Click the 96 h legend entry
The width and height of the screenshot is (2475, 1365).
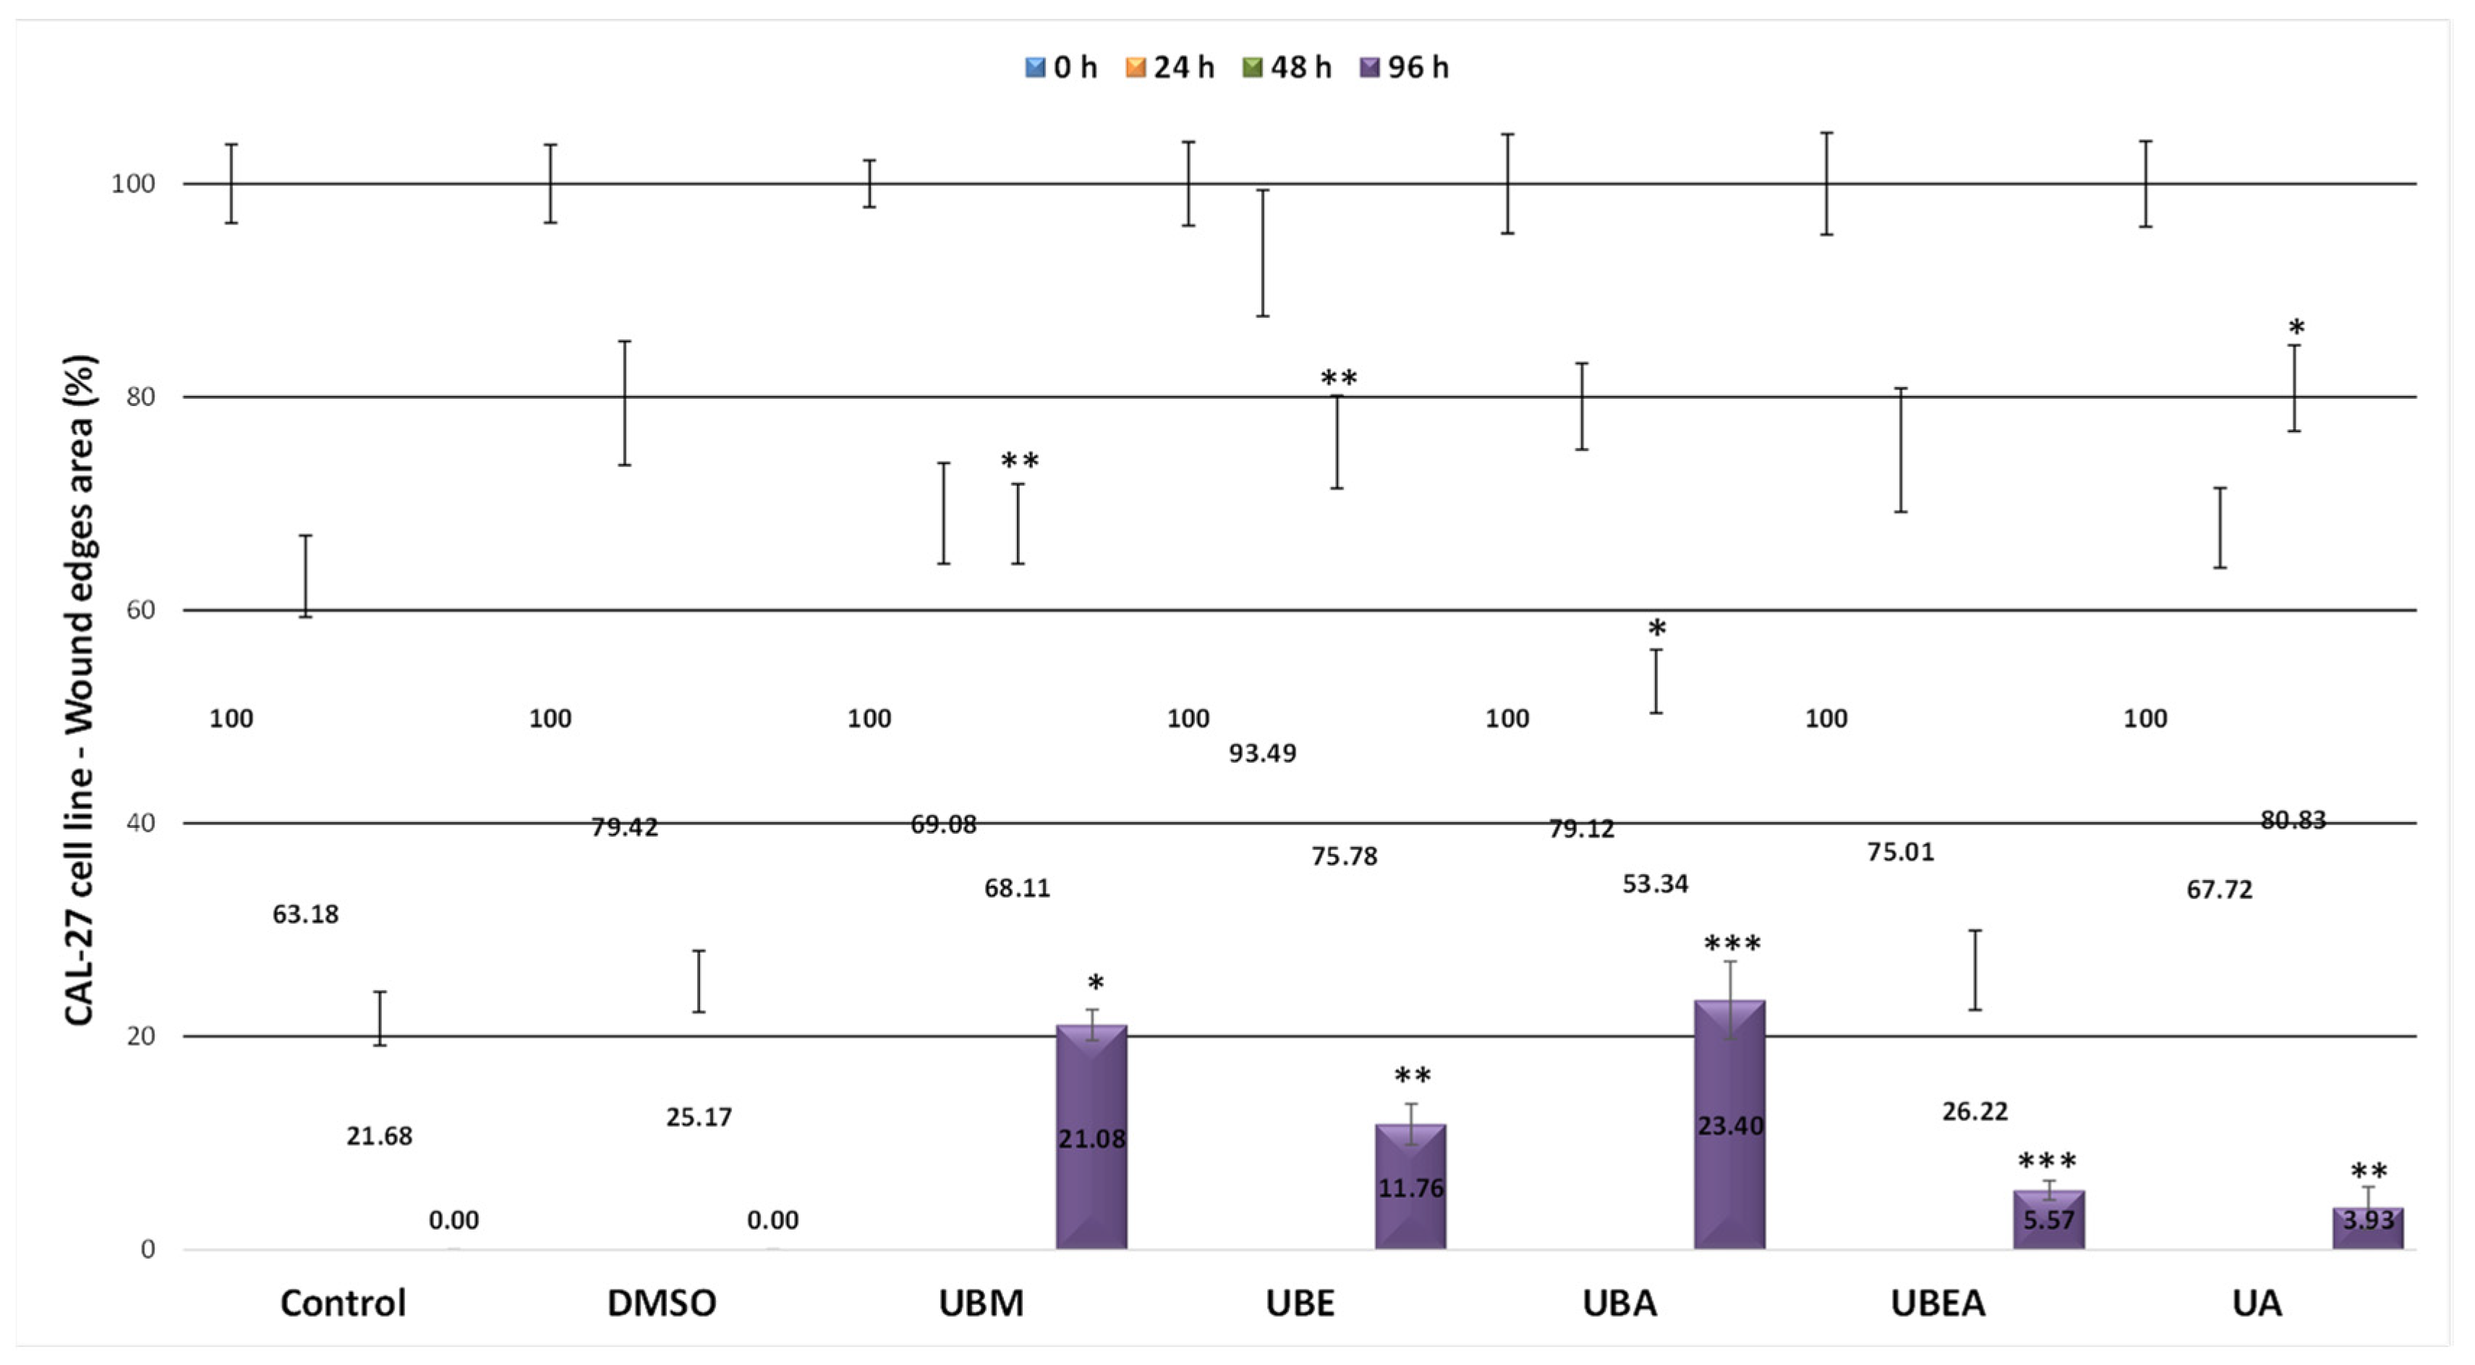point(1404,67)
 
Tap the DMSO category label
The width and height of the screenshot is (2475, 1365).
point(661,1303)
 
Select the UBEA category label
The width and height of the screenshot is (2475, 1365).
point(1937,1303)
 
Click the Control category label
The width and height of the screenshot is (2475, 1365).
point(343,1303)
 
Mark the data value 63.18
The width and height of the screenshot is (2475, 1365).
point(305,914)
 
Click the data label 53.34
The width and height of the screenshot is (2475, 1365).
point(1655,884)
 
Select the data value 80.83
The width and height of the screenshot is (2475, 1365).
point(2293,820)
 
